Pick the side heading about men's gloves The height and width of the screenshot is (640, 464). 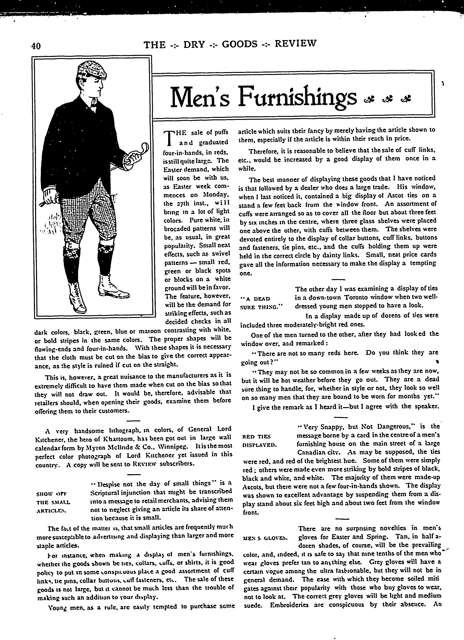point(265,538)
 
